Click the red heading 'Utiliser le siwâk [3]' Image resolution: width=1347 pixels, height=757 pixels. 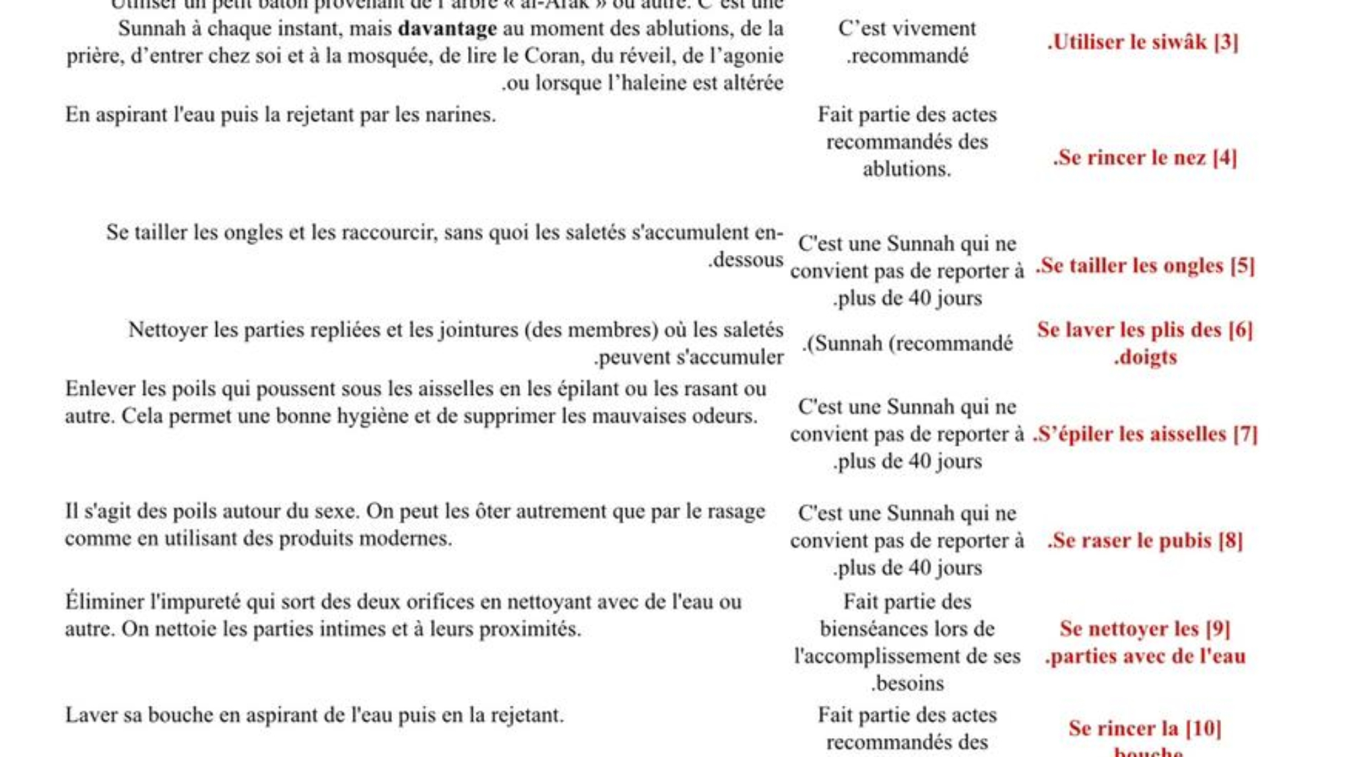point(1143,42)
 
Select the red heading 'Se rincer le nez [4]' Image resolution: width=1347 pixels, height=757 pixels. point(1145,157)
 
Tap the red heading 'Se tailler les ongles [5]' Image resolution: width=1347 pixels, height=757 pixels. point(1145,266)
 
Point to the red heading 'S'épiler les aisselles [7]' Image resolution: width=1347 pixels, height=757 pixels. point(1145,434)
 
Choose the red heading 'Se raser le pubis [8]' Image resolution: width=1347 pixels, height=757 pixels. point(1145,540)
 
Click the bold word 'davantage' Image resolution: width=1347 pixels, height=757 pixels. point(447,29)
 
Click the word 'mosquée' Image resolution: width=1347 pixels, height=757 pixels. point(393,56)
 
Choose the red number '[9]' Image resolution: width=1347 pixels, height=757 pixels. point(1218,629)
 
